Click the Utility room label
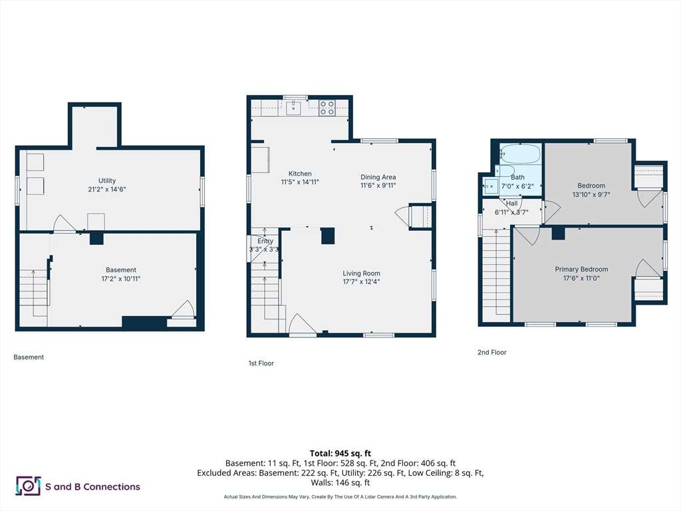[x=107, y=181]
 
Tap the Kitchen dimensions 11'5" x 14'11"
[x=300, y=182]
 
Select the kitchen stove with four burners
[x=327, y=108]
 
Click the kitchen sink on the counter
[x=293, y=107]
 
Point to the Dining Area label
[x=378, y=177]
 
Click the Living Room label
[x=361, y=273]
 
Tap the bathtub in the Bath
[x=520, y=154]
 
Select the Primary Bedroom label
[x=581, y=269]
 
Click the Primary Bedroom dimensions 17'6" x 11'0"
[x=581, y=278]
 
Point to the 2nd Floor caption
[x=492, y=353]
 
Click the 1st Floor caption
[x=261, y=363]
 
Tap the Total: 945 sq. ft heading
[x=340, y=454]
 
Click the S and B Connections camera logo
[x=28, y=486]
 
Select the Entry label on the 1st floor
[x=265, y=241]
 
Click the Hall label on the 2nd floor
[x=511, y=204]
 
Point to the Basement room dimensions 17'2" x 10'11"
[x=121, y=279]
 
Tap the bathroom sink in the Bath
[x=491, y=186]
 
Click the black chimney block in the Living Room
[x=328, y=236]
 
